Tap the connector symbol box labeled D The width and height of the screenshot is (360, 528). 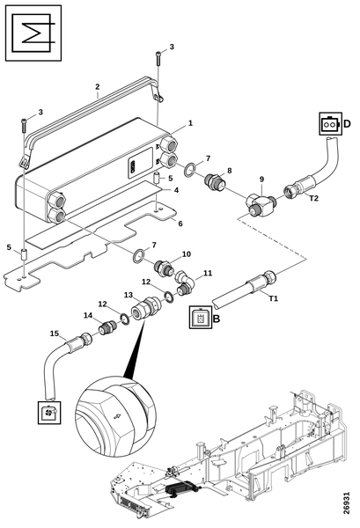pyautogui.click(x=330, y=124)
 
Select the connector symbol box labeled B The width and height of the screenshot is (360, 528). pyautogui.click(x=201, y=317)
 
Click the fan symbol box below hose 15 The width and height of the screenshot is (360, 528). pyautogui.click(x=49, y=413)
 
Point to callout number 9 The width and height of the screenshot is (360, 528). pyautogui.click(x=261, y=180)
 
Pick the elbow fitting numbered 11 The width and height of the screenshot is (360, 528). pyautogui.click(x=184, y=283)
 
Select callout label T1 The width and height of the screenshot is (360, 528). pyautogui.click(x=274, y=298)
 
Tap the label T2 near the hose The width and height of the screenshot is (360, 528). pyautogui.click(x=313, y=198)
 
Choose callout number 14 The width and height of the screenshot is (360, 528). pyautogui.click(x=88, y=315)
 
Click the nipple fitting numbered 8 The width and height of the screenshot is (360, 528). pyautogui.click(x=215, y=182)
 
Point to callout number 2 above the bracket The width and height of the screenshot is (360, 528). pyautogui.click(x=98, y=86)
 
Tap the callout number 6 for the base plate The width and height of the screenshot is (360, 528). pyautogui.click(x=180, y=224)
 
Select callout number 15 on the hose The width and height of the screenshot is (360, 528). pyautogui.click(x=55, y=334)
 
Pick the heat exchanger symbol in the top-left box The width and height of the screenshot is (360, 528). pyautogui.click(x=33, y=33)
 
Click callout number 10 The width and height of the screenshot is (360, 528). pyautogui.click(x=187, y=254)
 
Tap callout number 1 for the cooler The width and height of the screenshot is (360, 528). pyautogui.click(x=190, y=123)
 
